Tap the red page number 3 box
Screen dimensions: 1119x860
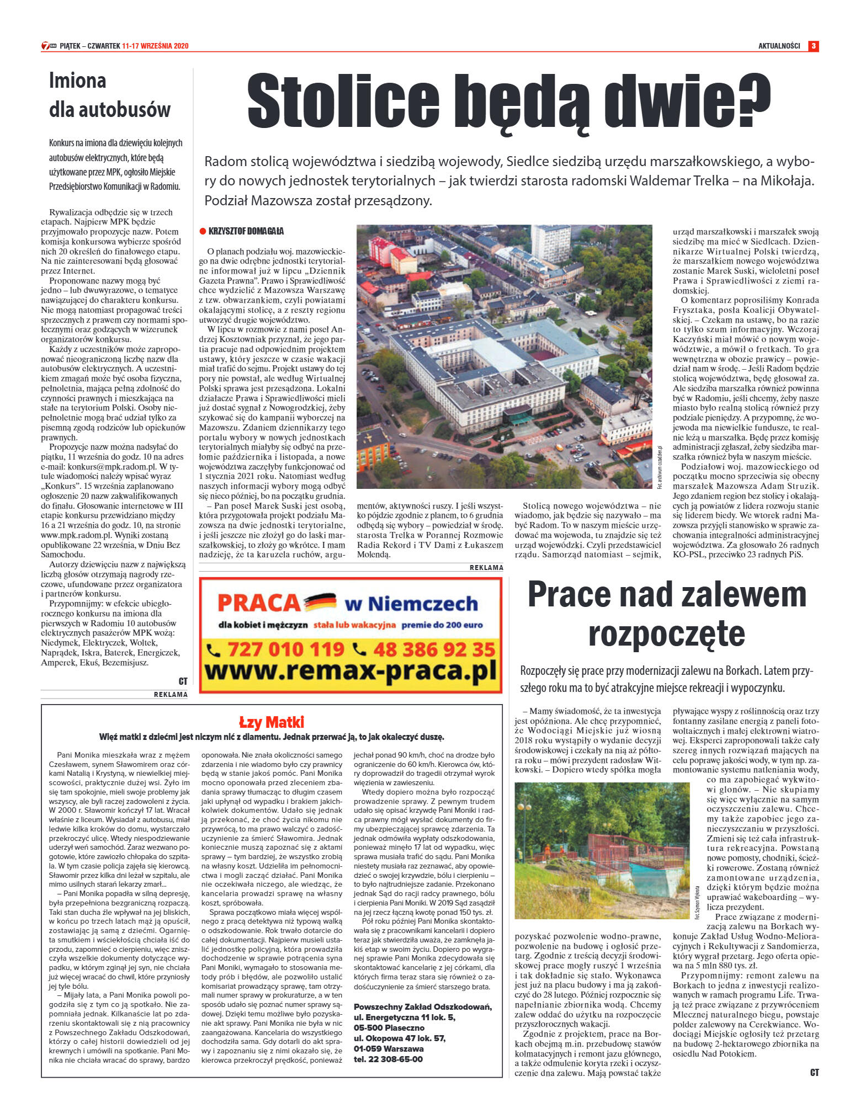pyautogui.click(x=813, y=46)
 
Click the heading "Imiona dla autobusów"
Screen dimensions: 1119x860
pyautogui.click(x=109, y=95)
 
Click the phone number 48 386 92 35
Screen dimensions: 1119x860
pyautogui.click(x=425, y=649)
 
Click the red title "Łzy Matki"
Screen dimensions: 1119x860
pyautogui.click(x=271, y=722)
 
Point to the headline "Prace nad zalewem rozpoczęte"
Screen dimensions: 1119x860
pyautogui.click(x=667, y=613)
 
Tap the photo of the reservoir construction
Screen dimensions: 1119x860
pyautogui.click(x=602, y=850)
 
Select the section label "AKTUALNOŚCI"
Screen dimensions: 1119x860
pyautogui.click(x=779, y=46)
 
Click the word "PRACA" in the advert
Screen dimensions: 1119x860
pyautogui.click(x=258, y=603)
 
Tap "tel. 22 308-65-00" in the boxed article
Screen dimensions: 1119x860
pyautogui.click(x=388, y=1059)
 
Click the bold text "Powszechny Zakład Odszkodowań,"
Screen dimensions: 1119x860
pyautogui.click(x=422, y=1007)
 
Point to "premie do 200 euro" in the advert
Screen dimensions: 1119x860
pyautogui.click(x=442, y=625)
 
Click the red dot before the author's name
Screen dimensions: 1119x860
pyautogui.click(x=203, y=231)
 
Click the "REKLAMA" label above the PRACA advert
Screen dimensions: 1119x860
pyautogui.click(x=486, y=567)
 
